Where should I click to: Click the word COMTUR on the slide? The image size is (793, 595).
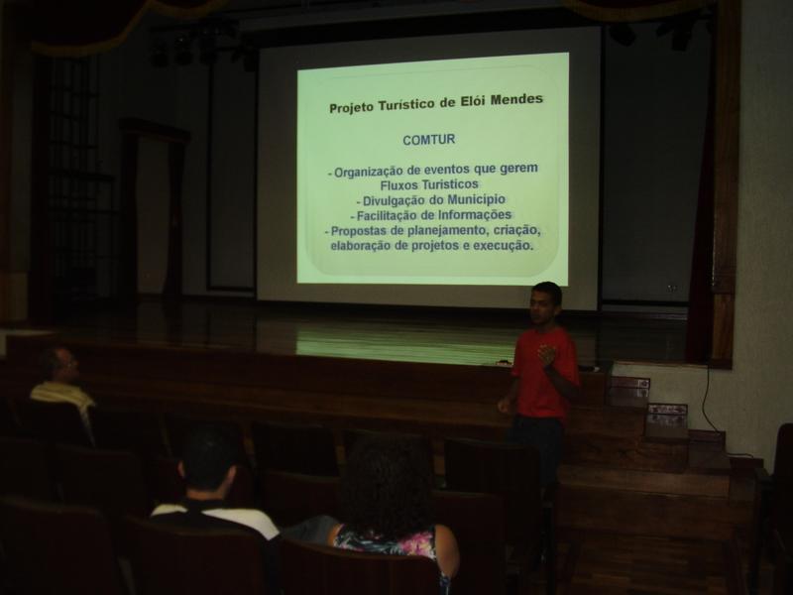pyautogui.click(x=429, y=140)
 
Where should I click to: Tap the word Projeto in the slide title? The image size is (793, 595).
pyautogui.click(x=352, y=107)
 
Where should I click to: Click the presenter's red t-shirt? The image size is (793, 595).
pyautogui.click(x=544, y=373)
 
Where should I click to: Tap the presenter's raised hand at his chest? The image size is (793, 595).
pyautogui.click(x=548, y=355)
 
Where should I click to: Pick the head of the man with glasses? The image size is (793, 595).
pyautogui.click(x=58, y=364)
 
